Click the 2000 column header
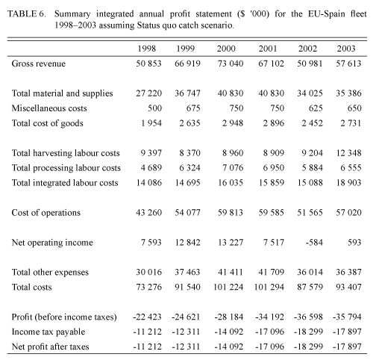tap(226, 49)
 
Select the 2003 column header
tap(346, 49)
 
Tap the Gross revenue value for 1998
tap(148, 63)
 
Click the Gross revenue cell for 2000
tap(231, 63)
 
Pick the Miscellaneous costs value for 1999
tap(193, 108)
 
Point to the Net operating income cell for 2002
tap(314, 242)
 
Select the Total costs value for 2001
tap(269, 287)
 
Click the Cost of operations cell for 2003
tap(348, 212)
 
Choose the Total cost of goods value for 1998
tap(151, 123)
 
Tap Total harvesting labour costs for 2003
tap(348, 152)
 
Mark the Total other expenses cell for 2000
tap(231, 272)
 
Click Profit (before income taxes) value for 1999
tap(186, 317)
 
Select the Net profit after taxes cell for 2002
tap(308, 347)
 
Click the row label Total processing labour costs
tap(66, 168)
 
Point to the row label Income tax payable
tap(48, 332)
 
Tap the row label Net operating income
tap(52, 243)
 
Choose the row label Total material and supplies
tap(62, 93)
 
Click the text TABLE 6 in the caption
tap(27, 13)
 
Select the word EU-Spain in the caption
tap(327, 13)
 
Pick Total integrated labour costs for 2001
tap(271, 183)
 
